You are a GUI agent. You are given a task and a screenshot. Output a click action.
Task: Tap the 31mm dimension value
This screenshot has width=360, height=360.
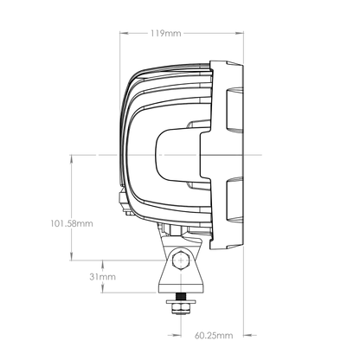click(103, 277)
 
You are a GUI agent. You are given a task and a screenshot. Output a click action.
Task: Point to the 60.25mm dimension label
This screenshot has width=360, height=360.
click(211, 333)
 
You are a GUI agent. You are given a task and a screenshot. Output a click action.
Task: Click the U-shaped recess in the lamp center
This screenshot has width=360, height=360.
click(177, 153)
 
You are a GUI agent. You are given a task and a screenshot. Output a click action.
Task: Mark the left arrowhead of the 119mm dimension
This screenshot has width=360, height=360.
click(121, 34)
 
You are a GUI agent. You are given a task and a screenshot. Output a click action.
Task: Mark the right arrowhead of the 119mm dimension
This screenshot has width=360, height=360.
click(242, 34)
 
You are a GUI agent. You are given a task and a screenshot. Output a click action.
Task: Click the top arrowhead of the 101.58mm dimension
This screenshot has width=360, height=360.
click(70, 157)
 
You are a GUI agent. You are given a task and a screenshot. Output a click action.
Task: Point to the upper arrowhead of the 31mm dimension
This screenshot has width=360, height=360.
click(103, 261)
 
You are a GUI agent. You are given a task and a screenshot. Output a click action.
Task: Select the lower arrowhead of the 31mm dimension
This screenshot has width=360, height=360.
click(103, 292)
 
